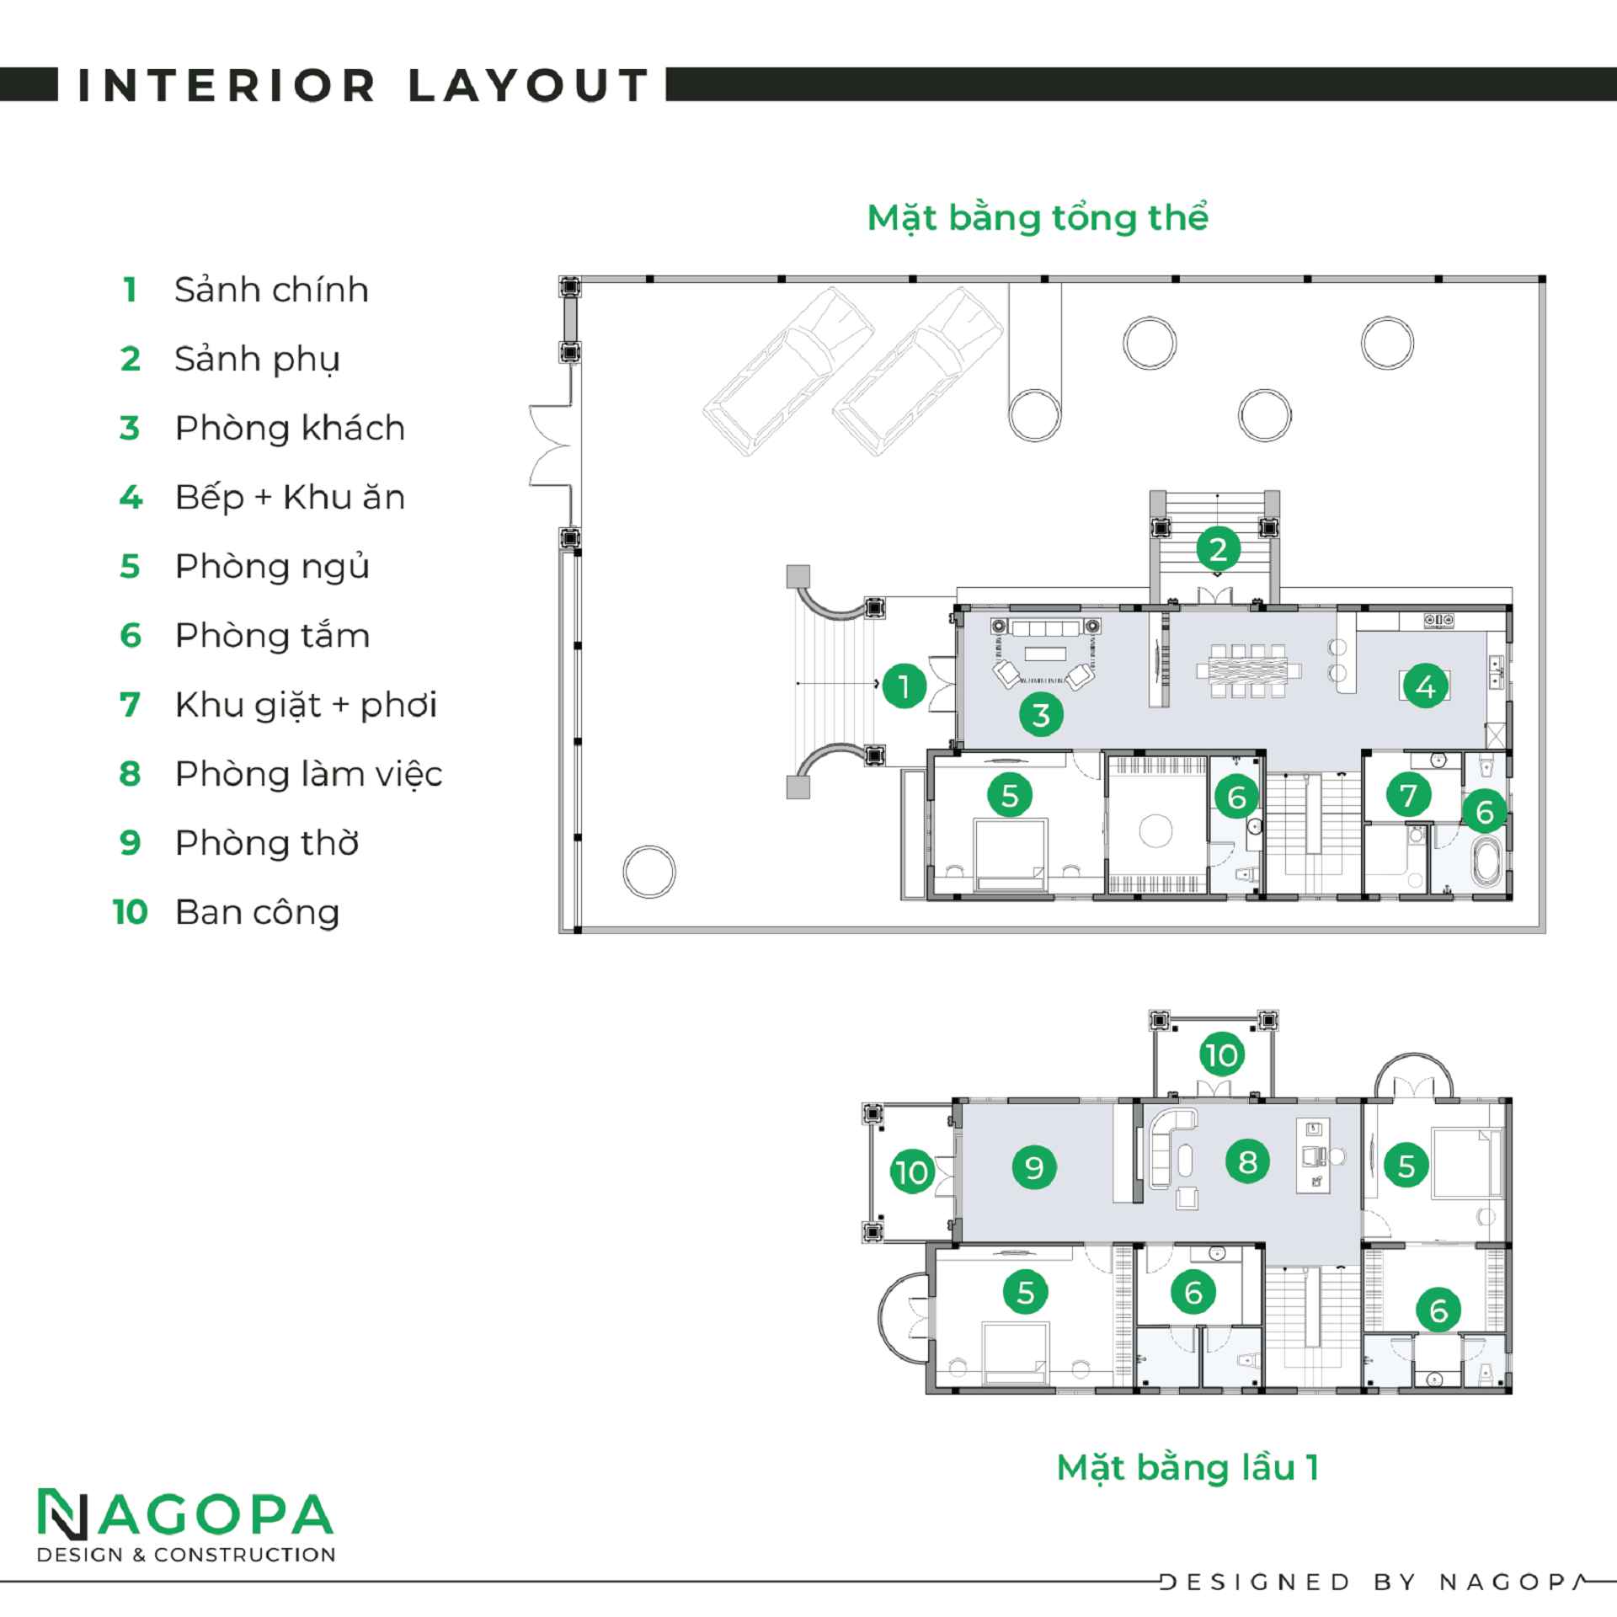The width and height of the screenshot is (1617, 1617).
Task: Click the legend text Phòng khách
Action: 290,428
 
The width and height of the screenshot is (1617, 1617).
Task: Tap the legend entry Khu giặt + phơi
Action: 306,705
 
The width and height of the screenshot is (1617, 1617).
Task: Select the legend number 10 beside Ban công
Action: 131,912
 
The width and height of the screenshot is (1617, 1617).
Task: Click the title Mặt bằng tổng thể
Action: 1038,218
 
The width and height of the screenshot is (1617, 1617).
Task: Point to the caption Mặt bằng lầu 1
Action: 1187,1468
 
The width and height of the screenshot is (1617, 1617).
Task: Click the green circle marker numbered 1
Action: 904,686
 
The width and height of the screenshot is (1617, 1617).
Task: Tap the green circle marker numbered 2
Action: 1218,550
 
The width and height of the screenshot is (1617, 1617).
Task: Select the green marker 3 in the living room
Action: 1041,715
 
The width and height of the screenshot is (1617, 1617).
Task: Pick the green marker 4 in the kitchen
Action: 1425,687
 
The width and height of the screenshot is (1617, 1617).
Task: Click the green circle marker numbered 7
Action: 1408,794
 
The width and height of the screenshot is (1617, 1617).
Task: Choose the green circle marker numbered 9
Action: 1033,1167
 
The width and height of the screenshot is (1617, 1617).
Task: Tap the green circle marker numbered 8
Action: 1247,1162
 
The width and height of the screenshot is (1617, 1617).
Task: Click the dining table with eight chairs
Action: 1248,671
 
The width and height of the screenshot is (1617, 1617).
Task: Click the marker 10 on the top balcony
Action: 1222,1055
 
